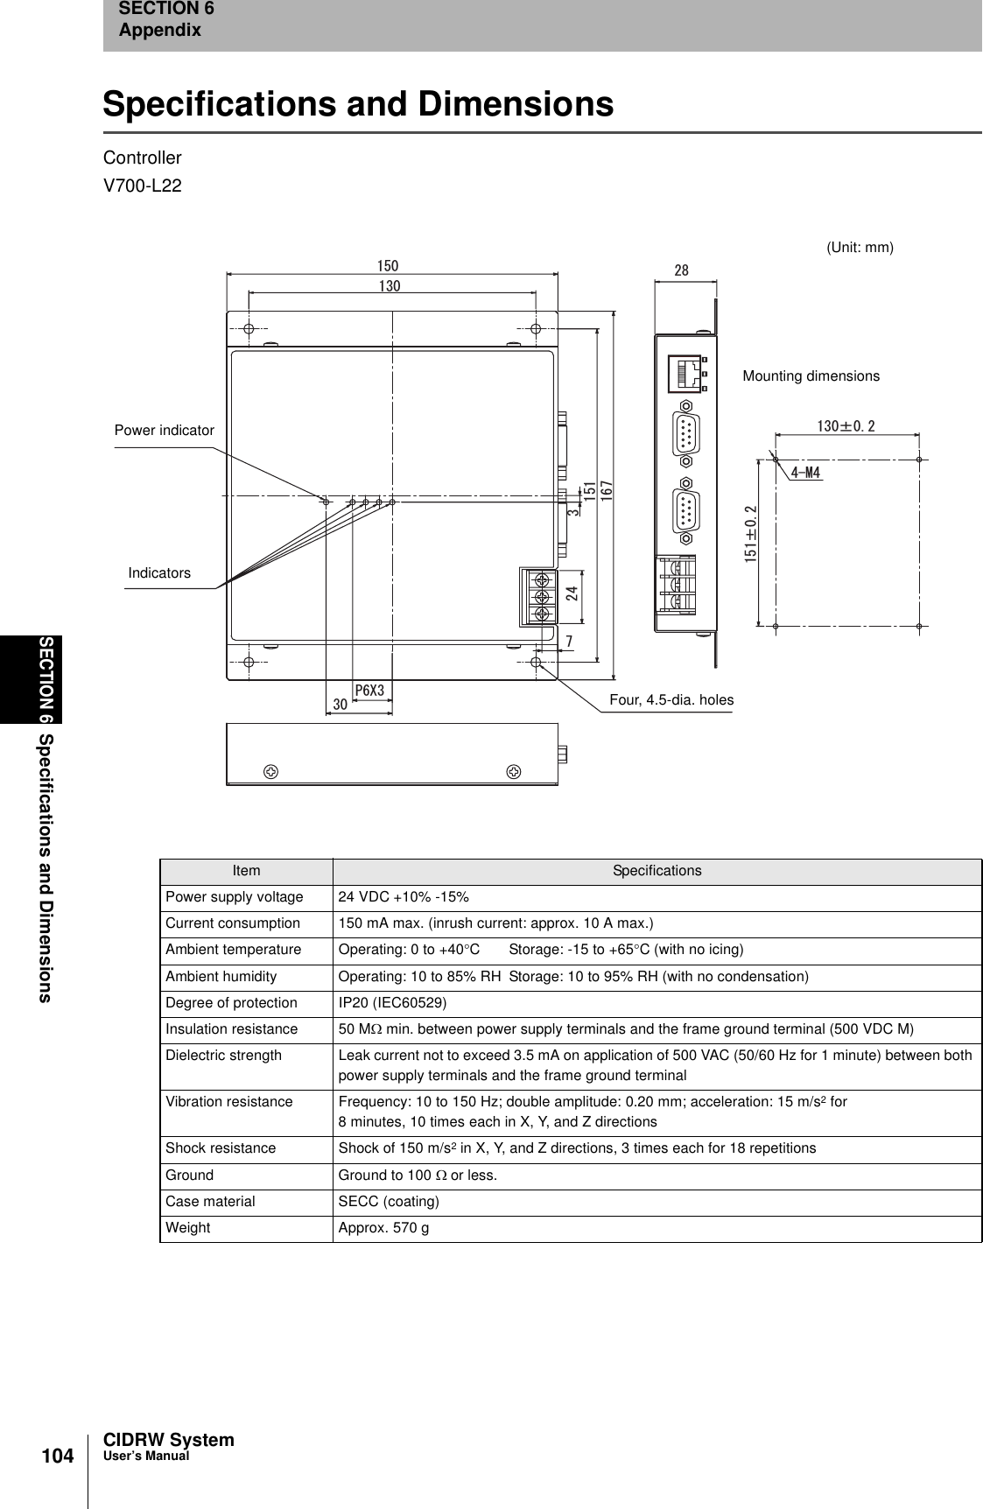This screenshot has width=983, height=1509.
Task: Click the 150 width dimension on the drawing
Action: (x=388, y=265)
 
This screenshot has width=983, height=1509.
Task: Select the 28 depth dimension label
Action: (x=681, y=271)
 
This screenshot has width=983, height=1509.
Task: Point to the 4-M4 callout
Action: (x=804, y=474)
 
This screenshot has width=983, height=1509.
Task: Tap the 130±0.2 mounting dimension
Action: (x=846, y=426)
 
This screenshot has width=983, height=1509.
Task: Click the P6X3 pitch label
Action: (x=369, y=690)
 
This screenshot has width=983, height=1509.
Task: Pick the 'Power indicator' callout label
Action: (x=165, y=431)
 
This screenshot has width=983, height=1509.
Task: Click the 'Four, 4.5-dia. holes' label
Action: (x=671, y=699)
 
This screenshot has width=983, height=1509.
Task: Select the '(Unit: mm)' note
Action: (x=860, y=248)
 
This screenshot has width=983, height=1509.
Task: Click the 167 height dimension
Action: (x=606, y=489)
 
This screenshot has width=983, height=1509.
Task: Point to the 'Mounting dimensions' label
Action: (x=811, y=376)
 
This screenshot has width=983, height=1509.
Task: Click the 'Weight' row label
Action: (x=188, y=1227)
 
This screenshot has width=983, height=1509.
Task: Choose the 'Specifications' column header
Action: (x=657, y=871)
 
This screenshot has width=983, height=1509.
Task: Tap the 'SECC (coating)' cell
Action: (x=389, y=1201)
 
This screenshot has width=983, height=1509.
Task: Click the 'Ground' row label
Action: (x=190, y=1175)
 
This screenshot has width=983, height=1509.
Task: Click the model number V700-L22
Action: (x=143, y=186)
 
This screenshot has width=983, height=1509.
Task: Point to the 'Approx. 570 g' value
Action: (x=383, y=1227)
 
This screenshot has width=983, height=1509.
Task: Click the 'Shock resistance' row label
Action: (x=221, y=1148)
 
